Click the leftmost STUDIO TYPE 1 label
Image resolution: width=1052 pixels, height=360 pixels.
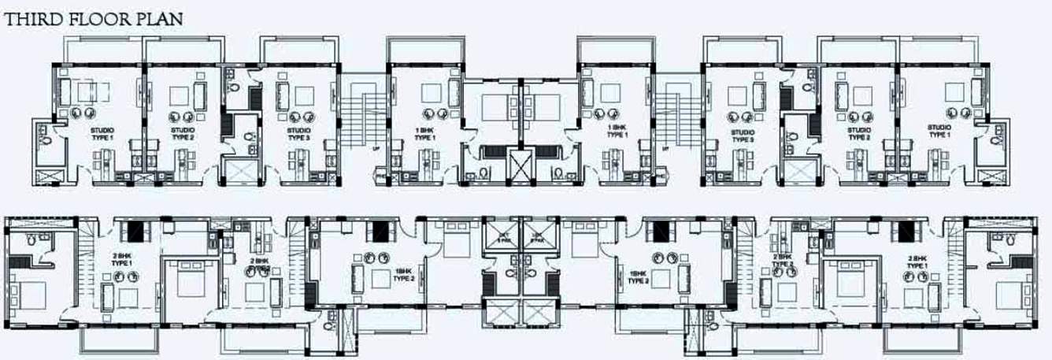102,134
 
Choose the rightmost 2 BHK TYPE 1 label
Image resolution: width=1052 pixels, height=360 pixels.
916,262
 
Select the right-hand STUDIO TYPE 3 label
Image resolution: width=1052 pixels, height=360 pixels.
741,135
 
